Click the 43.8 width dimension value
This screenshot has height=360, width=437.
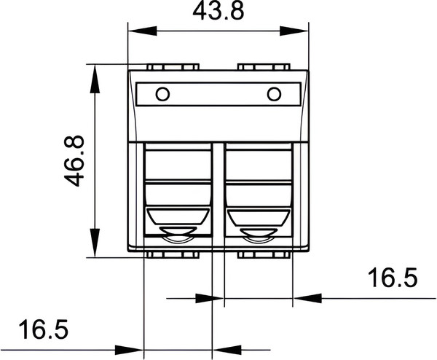click(218, 13)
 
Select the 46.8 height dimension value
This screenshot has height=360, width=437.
click(75, 160)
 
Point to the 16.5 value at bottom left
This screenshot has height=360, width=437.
click(42, 330)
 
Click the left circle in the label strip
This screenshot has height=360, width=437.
click(162, 94)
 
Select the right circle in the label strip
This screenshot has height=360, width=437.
click(274, 94)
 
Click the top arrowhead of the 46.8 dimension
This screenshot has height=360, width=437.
click(95, 74)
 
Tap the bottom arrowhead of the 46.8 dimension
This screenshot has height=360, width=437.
click(95, 246)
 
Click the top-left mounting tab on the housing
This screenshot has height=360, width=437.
click(173, 67)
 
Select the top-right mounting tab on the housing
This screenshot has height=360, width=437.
click(264, 67)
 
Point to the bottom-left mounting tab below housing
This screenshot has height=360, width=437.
click(173, 254)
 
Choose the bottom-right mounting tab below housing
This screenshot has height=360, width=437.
click(264, 254)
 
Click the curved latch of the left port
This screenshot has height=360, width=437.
click(178, 235)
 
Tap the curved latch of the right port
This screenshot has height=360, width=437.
click(259, 235)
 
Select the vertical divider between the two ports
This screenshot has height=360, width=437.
click(219, 193)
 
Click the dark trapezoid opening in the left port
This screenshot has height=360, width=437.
click(178, 217)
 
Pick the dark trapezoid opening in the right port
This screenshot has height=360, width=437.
click(259, 217)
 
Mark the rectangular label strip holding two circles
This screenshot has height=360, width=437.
click(219, 94)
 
